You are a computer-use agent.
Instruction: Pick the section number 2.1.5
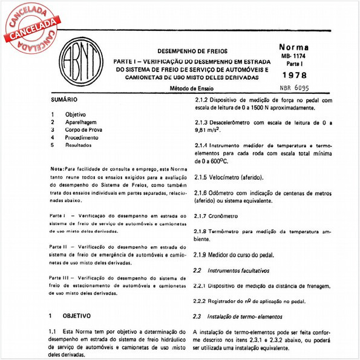(x=200, y=178)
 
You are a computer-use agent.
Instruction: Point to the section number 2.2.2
(x=200, y=301)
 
